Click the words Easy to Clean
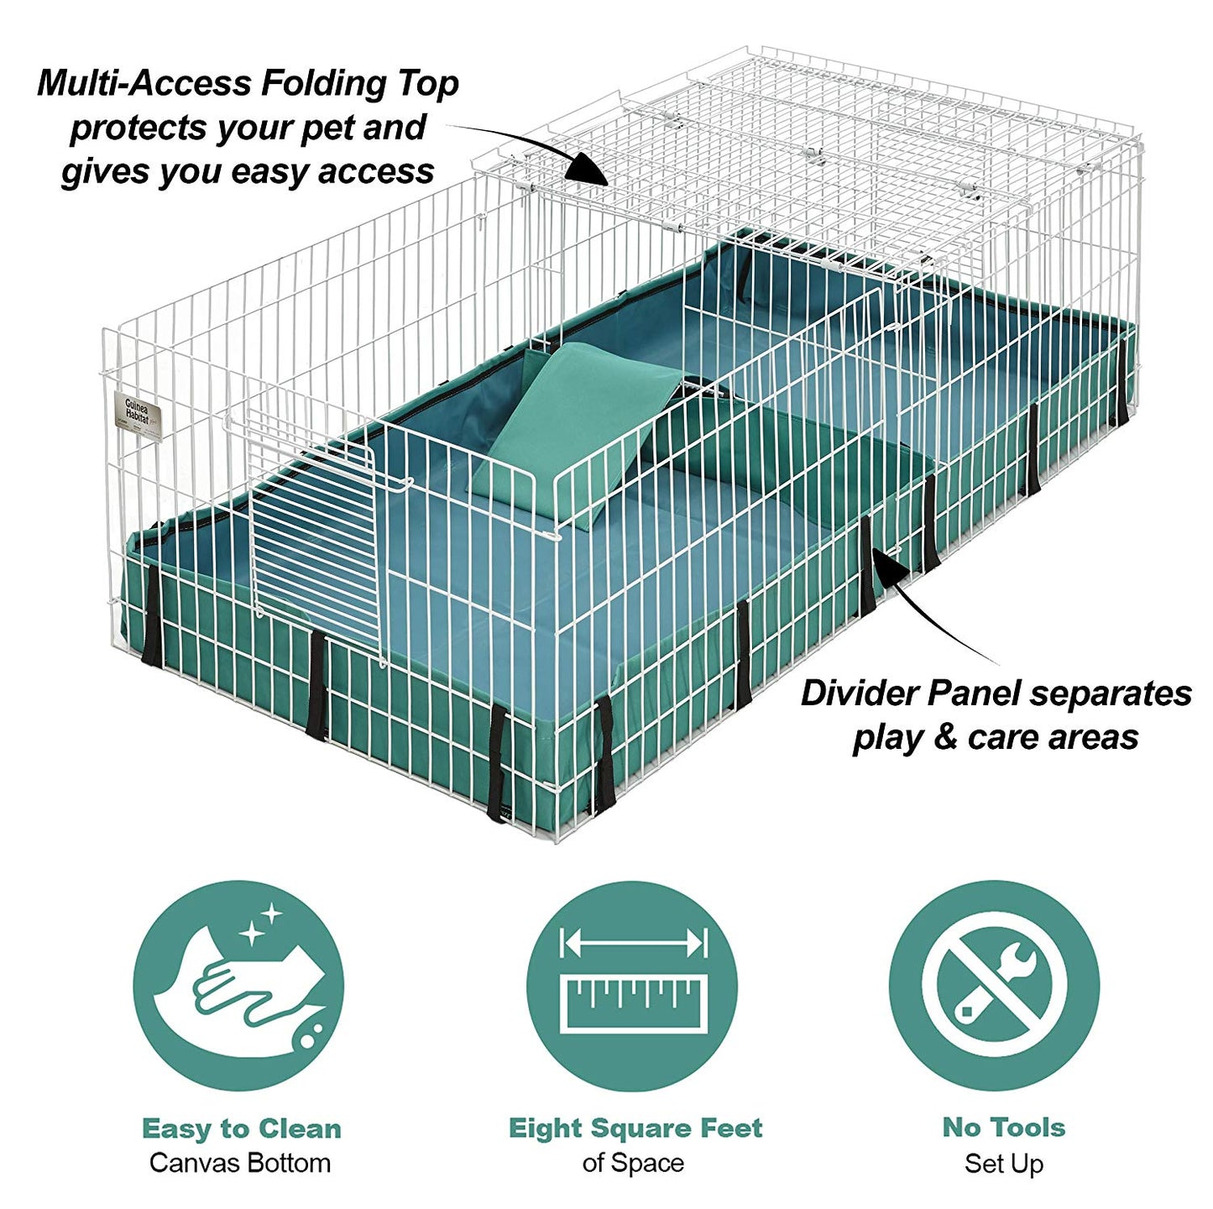(242, 1128)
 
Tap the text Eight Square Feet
(635, 1128)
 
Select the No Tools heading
(1004, 1127)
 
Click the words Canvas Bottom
(240, 1164)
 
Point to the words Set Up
(1004, 1164)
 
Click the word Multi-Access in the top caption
(144, 83)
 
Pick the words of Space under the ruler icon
(633, 1164)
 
